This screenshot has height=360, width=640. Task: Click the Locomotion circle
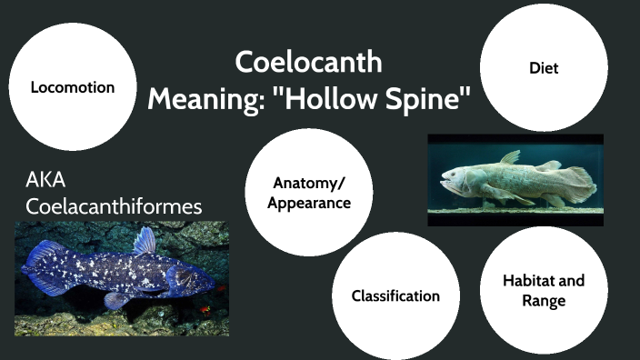click(72, 87)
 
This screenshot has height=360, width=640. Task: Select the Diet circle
click(543, 67)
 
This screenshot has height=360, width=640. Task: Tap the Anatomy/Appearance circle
click(309, 192)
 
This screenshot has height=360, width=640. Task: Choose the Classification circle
click(395, 295)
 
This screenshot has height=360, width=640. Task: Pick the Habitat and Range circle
click(543, 290)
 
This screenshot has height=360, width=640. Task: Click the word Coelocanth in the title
click(308, 63)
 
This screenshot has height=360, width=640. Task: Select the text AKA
click(46, 180)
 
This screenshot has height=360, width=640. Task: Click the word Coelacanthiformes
click(114, 206)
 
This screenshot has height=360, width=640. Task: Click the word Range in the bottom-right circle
click(543, 300)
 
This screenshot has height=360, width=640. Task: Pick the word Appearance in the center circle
click(309, 202)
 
